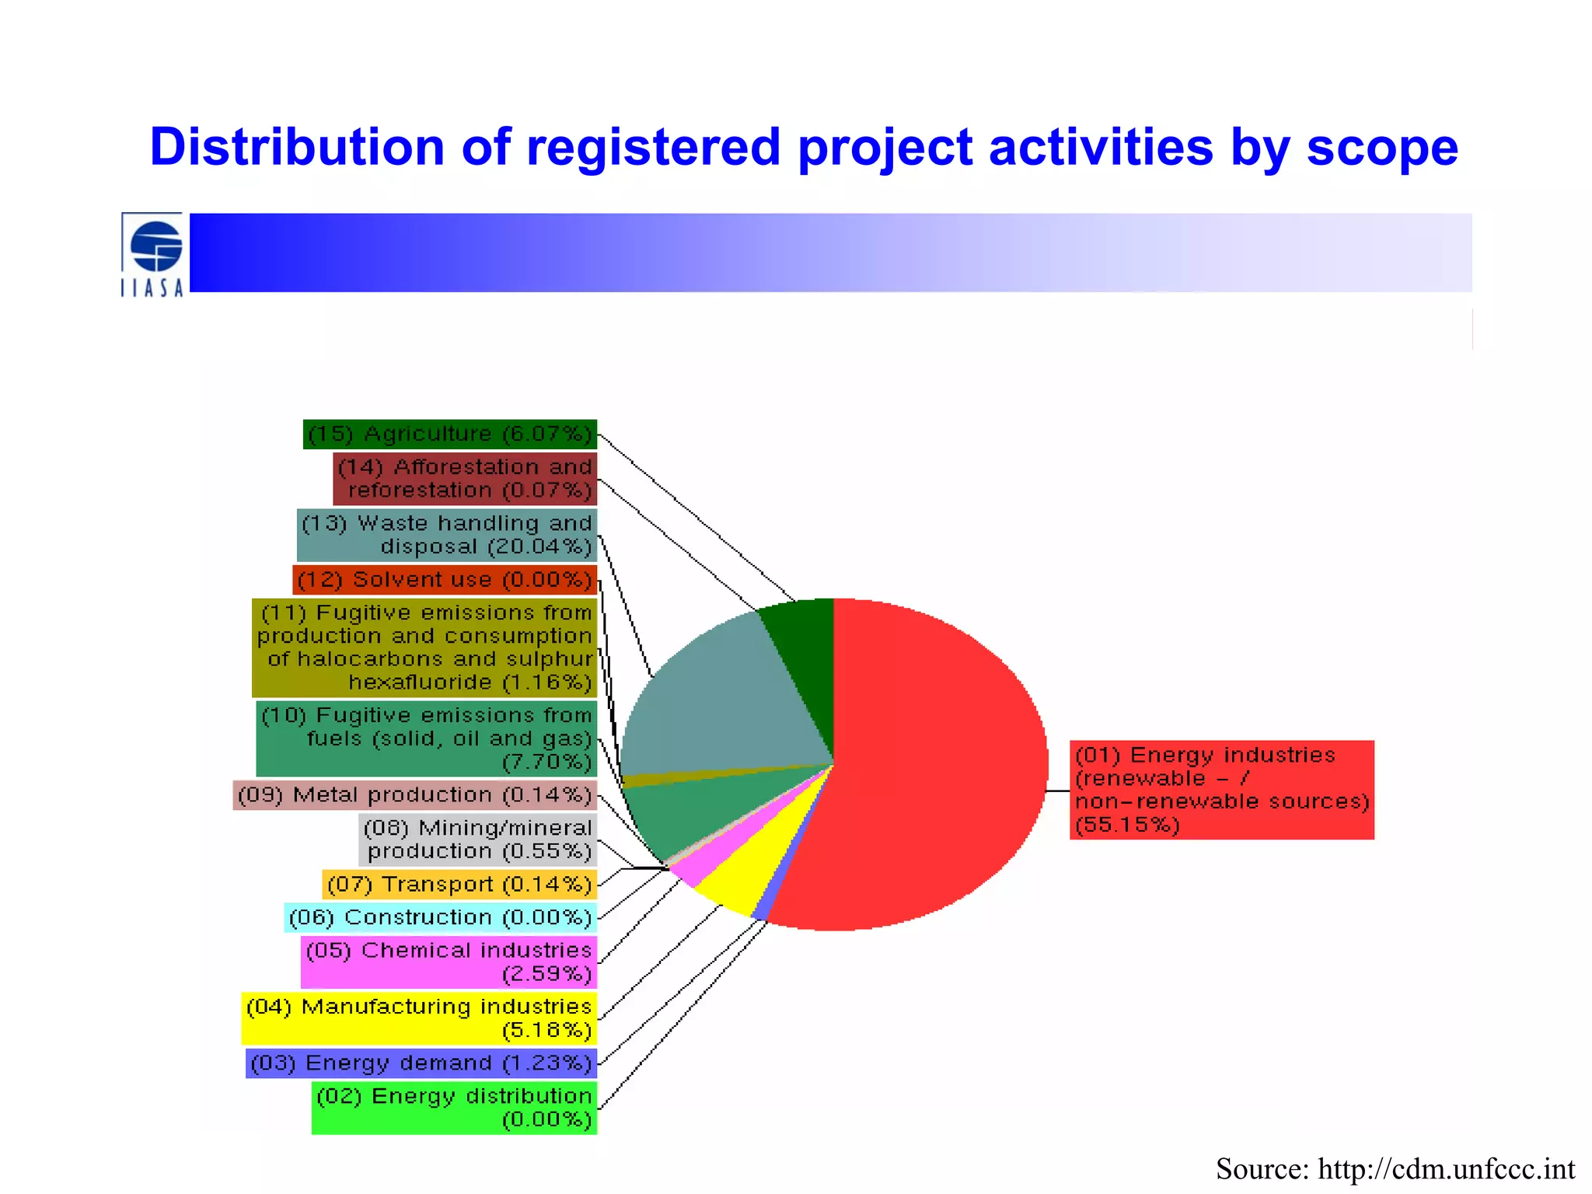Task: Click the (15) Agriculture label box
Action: (x=450, y=434)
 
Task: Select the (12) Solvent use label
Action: (x=445, y=580)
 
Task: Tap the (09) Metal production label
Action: (x=415, y=795)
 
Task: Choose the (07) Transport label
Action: (x=459, y=885)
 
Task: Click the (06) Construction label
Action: (x=441, y=918)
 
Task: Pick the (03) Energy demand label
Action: (x=421, y=1063)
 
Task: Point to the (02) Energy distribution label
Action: (x=454, y=1108)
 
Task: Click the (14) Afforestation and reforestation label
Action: (x=465, y=479)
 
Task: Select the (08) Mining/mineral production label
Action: (x=478, y=840)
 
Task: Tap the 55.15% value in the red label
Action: (x=1127, y=825)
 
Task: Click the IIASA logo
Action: (x=153, y=254)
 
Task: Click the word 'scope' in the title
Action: (x=1381, y=148)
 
